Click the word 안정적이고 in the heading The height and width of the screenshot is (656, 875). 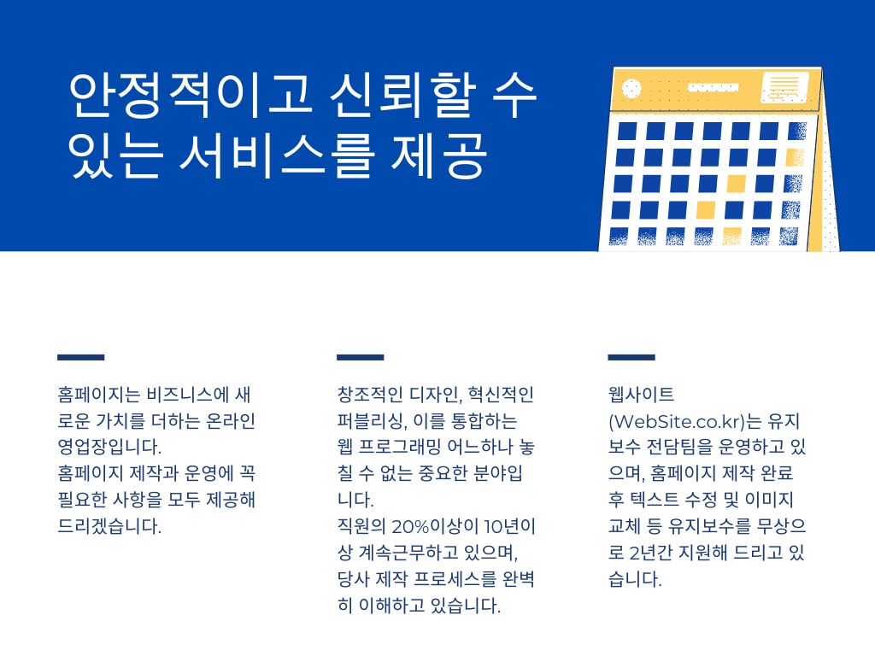click(x=189, y=95)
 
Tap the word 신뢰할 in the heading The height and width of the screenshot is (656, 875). click(x=402, y=95)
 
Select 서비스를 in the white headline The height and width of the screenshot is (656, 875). click(x=275, y=155)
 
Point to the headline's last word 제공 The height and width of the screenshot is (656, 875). click(x=439, y=155)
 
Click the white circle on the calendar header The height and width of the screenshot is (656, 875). click(x=631, y=89)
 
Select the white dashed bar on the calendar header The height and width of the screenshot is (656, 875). click(x=714, y=87)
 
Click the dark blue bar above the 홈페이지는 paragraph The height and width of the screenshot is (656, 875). click(x=81, y=357)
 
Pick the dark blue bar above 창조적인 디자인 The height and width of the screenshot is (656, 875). click(x=360, y=357)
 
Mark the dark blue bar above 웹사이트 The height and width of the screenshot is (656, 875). click(x=631, y=357)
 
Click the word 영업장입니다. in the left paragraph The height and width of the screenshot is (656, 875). click(x=109, y=448)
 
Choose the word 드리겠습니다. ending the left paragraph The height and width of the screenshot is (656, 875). click(x=109, y=526)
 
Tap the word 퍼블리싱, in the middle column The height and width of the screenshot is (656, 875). click(x=372, y=421)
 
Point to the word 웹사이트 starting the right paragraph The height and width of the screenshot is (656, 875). click(x=641, y=395)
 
